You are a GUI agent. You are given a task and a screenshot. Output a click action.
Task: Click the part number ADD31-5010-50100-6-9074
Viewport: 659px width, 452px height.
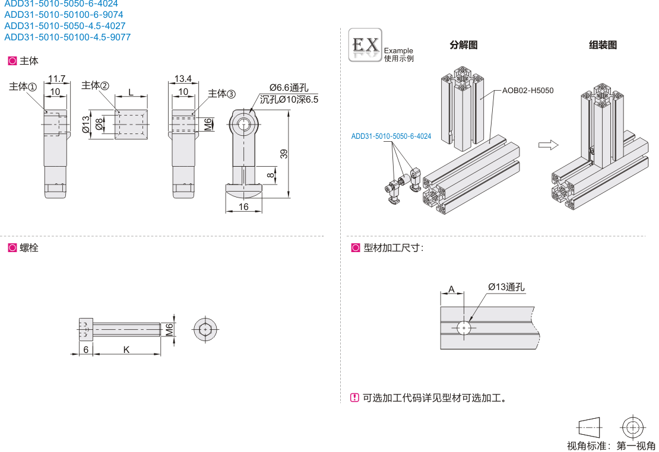pos(64,15)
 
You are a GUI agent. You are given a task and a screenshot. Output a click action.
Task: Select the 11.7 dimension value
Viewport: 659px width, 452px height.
pos(57,79)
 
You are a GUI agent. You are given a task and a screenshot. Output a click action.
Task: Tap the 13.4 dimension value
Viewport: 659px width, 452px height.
pos(183,79)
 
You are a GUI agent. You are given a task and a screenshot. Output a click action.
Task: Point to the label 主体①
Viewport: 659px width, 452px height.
pos(23,87)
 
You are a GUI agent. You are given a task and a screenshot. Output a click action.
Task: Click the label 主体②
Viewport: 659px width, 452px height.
pos(95,85)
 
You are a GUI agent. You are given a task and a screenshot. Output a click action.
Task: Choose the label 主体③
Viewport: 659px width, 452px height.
pos(221,94)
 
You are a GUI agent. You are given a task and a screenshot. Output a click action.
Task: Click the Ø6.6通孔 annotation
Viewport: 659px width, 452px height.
pos(289,88)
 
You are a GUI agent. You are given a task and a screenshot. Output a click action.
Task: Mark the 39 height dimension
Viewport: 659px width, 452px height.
pos(284,154)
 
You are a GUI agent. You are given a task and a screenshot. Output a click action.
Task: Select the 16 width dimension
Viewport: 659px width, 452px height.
pos(243,206)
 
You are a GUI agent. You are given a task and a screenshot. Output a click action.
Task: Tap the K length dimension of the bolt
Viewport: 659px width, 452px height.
pos(126,350)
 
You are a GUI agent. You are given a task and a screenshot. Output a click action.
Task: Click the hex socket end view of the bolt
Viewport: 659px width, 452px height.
pos(205,329)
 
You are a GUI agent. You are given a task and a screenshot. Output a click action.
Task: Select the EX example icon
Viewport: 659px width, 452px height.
pos(365,45)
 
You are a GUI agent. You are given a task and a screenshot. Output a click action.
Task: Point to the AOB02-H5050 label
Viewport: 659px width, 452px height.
pos(527,91)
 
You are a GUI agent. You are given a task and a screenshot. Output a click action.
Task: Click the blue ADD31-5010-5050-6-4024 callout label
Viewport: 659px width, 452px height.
pos(391,136)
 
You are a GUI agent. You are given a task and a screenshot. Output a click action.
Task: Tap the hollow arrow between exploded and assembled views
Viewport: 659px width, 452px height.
pos(548,144)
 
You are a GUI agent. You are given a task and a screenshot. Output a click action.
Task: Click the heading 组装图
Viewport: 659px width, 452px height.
pos(603,45)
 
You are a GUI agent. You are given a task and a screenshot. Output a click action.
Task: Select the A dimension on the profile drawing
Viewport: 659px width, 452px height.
pos(451,289)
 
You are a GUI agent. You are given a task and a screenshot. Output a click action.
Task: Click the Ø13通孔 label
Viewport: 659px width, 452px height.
pos(506,287)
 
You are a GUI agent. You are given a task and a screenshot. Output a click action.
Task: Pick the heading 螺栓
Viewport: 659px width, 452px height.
pos(28,248)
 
